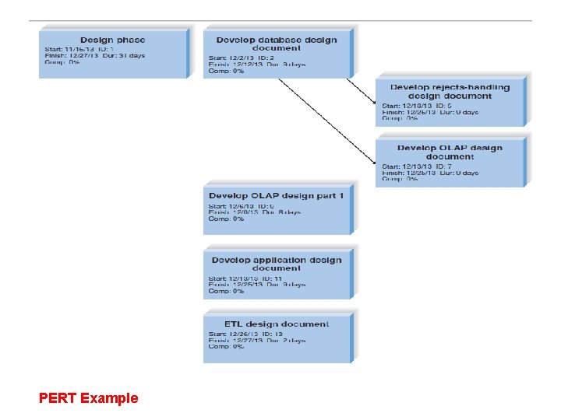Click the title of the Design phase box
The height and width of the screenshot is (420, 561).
click(x=112, y=40)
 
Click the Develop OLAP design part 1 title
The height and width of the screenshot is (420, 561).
click(x=276, y=195)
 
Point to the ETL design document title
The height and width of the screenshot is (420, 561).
click(x=277, y=324)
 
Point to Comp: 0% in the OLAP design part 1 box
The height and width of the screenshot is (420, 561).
click(x=227, y=219)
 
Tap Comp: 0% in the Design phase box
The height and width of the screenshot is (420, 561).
click(x=62, y=62)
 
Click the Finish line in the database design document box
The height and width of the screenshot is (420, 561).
click(x=250, y=64)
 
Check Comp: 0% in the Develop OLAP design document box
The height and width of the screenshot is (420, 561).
click(x=400, y=179)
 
